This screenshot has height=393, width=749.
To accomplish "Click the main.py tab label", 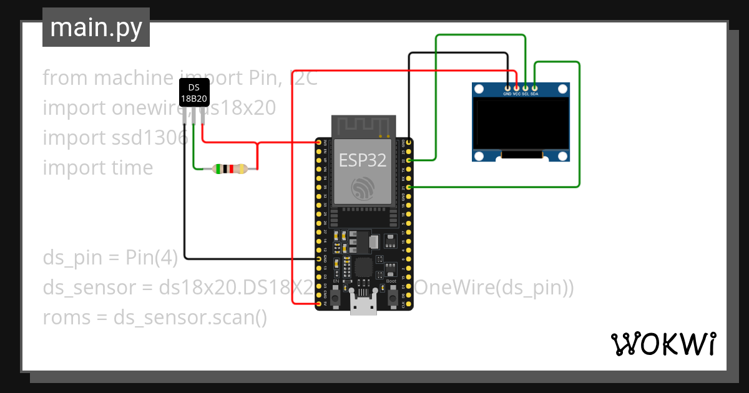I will tap(95, 27).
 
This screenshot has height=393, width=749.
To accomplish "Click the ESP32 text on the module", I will tap(363, 160).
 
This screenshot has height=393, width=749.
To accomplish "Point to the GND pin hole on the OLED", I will tap(508, 87).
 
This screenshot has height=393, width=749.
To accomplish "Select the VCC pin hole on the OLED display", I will tap(517, 87).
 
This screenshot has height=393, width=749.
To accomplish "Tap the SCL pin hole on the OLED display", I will tap(526, 87).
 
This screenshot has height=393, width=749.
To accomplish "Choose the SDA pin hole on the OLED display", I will tap(534, 87).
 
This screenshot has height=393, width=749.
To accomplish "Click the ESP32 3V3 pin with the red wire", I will tap(319, 143).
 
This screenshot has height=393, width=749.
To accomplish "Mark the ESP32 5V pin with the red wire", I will tap(319, 304).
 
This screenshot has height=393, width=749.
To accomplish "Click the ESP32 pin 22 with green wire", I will tap(409, 160).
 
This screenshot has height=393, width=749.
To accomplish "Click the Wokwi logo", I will tap(663, 344).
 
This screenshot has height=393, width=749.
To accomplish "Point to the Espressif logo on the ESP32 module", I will tap(363, 189).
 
